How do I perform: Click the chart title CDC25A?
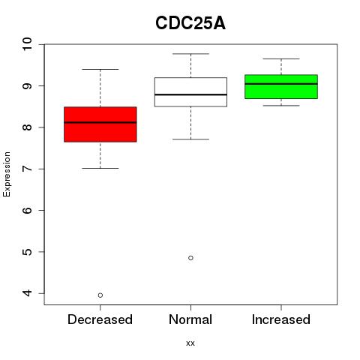point(190,23)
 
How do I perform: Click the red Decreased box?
point(100,124)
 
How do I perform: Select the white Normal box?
point(190,92)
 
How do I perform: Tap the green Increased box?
point(281,86)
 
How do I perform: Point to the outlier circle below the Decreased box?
point(100,295)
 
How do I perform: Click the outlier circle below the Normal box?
point(190,258)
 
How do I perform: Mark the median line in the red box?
point(100,122)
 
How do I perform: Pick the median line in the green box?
point(281,84)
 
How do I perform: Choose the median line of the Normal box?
point(190,94)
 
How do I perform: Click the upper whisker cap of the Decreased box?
point(100,69)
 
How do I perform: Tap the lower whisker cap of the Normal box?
point(190,139)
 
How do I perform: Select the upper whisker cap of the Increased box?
point(281,58)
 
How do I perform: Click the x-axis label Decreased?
point(100,319)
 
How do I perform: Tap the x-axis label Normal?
point(190,319)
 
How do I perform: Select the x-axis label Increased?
point(281,319)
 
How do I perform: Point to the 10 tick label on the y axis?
point(27,44)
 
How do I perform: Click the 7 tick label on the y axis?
point(27,169)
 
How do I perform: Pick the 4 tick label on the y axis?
point(27,293)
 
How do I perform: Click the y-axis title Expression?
point(7,174)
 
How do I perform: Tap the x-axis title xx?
point(190,343)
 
